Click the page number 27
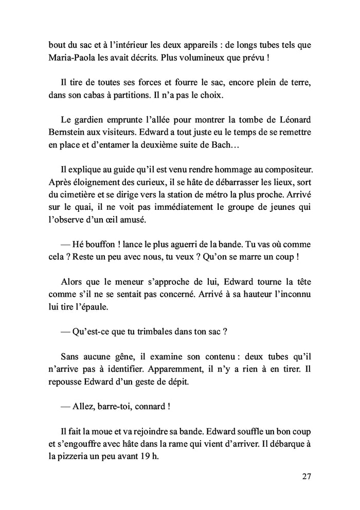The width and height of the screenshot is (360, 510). [306, 476]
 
